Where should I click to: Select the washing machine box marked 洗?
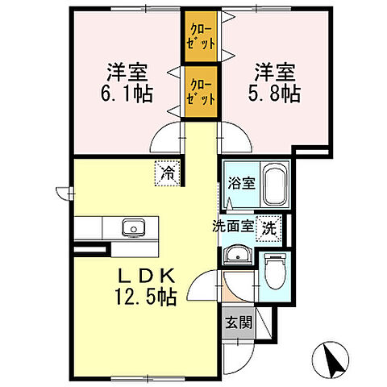[268, 228]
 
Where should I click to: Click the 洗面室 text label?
[231, 227]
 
